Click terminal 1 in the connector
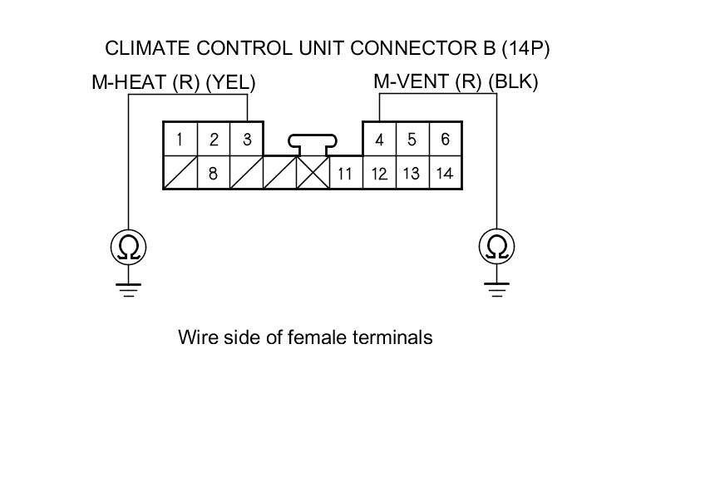tap(180, 140)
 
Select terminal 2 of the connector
tap(214, 140)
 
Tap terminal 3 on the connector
tap(247, 140)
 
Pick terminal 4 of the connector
tap(379, 140)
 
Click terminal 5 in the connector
tap(412, 140)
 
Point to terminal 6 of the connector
tap(446, 140)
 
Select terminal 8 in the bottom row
tap(214, 174)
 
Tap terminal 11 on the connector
tap(346, 174)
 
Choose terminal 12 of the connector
tap(379, 174)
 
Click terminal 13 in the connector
tap(412, 174)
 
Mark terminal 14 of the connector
tap(446, 174)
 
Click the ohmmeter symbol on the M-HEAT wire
tap(129, 246)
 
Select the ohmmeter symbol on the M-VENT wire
tap(497, 246)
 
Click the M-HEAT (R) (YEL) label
tap(173, 82)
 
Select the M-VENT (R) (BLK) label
tap(456, 82)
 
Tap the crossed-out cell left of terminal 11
tap(313, 174)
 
